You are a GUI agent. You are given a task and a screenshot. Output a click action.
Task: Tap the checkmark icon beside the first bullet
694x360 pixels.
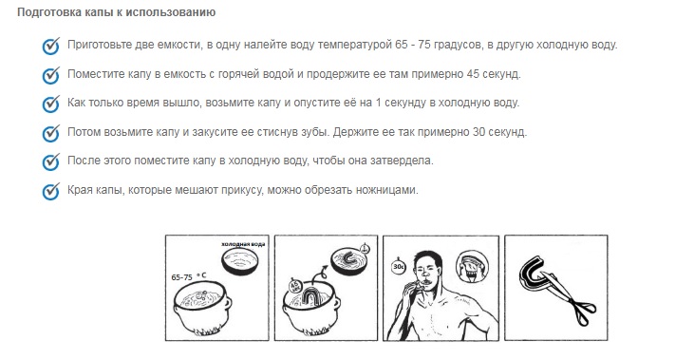[51, 46]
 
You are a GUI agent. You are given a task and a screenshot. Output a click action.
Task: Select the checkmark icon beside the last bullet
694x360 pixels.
[51, 191]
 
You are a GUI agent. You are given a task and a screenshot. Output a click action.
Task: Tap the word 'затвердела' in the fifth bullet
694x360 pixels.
[401, 161]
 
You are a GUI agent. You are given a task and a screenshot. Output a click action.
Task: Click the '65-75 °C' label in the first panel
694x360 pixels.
[190, 275]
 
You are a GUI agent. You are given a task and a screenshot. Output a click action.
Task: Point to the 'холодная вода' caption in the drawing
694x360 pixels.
[243, 245]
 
